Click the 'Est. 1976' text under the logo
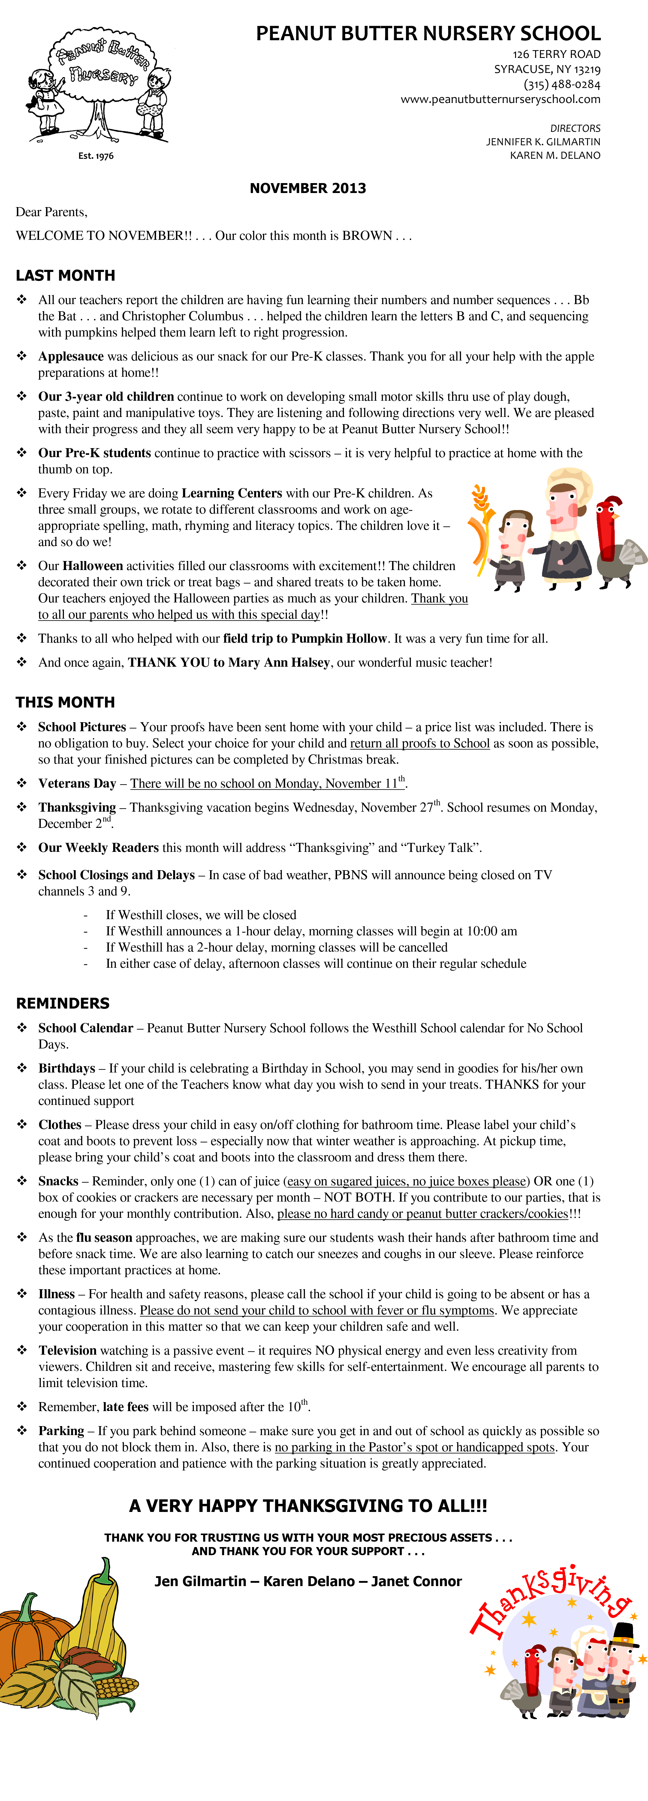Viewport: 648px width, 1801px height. pyautogui.click(x=96, y=156)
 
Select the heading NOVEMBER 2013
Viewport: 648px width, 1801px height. pyautogui.click(x=308, y=188)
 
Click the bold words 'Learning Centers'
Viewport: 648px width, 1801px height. pyautogui.click(x=231, y=493)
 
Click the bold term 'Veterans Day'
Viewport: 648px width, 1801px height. pyautogui.click(x=77, y=783)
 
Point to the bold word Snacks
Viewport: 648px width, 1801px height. pyautogui.click(x=58, y=1181)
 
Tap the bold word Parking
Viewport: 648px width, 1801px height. pyautogui.click(x=61, y=1431)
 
